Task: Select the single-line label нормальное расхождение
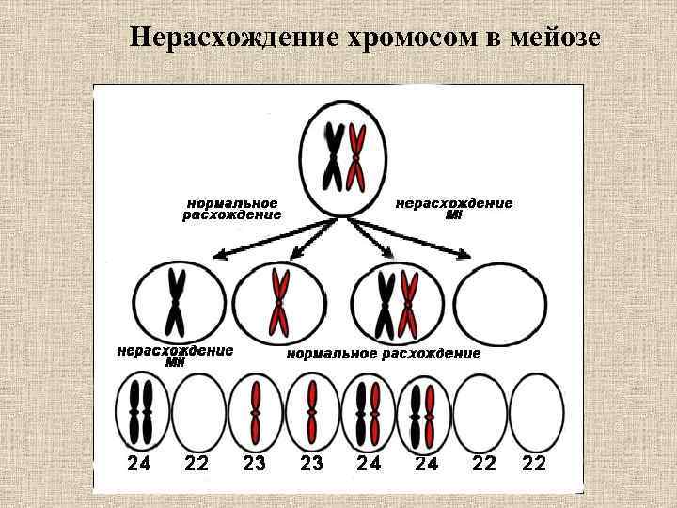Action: click(x=383, y=354)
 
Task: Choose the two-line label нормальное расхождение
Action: click(x=231, y=209)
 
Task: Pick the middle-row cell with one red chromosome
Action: click(x=279, y=304)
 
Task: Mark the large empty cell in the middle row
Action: click(x=499, y=304)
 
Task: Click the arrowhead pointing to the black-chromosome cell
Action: click(x=218, y=254)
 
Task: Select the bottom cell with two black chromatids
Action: click(x=141, y=413)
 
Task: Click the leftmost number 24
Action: click(x=139, y=464)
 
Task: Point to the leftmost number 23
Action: click(x=255, y=464)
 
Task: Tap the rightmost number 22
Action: click(x=533, y=464)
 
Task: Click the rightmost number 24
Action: click(x=426, y=464)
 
